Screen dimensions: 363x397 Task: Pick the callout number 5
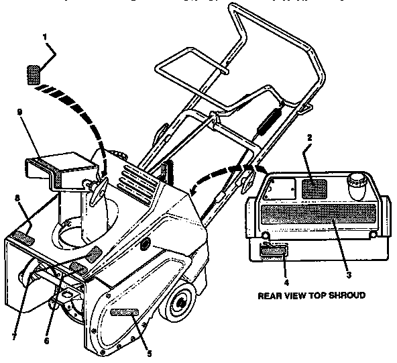click(150, 353)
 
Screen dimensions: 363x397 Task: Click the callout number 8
click(17, 199)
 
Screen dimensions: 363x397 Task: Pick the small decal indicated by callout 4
click(272, 252)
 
